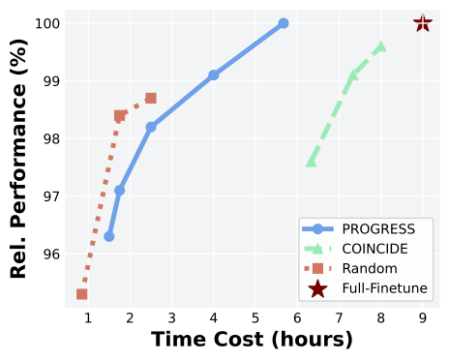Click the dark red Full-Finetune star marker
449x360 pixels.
[x=423, y=23]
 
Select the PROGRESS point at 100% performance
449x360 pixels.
[x=284, y=23]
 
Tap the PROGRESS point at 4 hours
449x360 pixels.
[x=214, y=75]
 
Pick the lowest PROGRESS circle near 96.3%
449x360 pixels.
[x=109, y=236]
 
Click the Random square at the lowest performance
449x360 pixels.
[x=82, y=294]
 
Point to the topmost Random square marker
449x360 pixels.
[x=151, y=98]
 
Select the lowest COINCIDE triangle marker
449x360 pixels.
[x=312, y=162]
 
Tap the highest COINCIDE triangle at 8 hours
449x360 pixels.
[x=381, y=46]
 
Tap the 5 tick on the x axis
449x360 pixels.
[x=255, y=317]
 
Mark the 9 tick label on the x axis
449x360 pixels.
[x=423, y=317]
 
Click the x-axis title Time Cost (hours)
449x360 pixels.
[x=252, y=341]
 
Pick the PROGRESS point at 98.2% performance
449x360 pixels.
[x=151, y=127]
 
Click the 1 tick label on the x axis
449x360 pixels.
[x=88, y=317]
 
